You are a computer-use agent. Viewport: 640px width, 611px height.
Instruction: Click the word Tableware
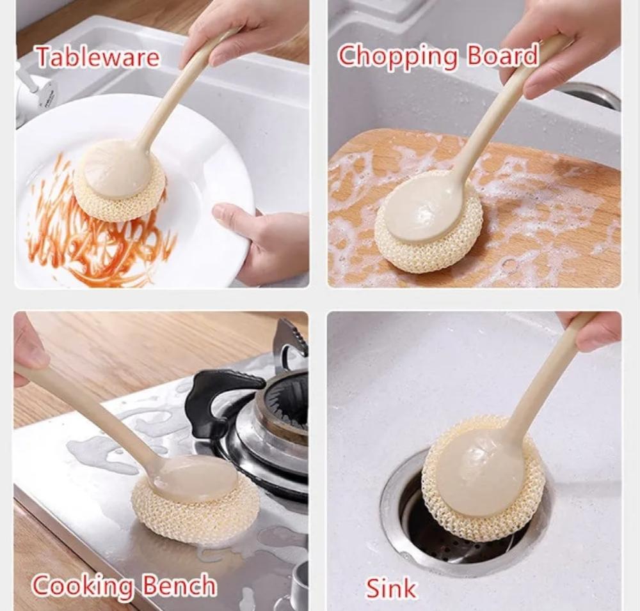(97, 57)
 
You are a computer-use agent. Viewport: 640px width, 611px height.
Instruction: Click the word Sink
(390, 587)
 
